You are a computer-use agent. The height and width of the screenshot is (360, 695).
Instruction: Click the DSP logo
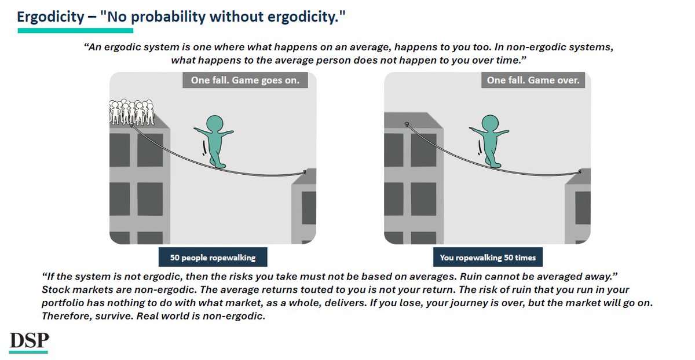pos(28,341)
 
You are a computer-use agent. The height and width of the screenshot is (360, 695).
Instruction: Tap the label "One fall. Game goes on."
pos(245,80)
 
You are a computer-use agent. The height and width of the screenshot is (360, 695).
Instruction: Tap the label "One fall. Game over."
pos(533,80)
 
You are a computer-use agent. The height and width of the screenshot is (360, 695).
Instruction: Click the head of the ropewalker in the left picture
pos(215,123)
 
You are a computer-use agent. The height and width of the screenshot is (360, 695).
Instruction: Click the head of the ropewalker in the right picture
pos(491,123)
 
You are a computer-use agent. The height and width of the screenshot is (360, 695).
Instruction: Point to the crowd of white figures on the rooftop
pos(131,112)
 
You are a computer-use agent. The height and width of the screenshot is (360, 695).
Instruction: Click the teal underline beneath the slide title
pos(75,30)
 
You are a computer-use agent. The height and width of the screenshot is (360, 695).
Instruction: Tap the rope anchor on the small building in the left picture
pos(305,171)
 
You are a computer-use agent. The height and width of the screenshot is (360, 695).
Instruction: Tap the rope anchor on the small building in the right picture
pos(580,171)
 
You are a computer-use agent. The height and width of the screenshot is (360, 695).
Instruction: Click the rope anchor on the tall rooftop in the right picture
pos(407,123)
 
